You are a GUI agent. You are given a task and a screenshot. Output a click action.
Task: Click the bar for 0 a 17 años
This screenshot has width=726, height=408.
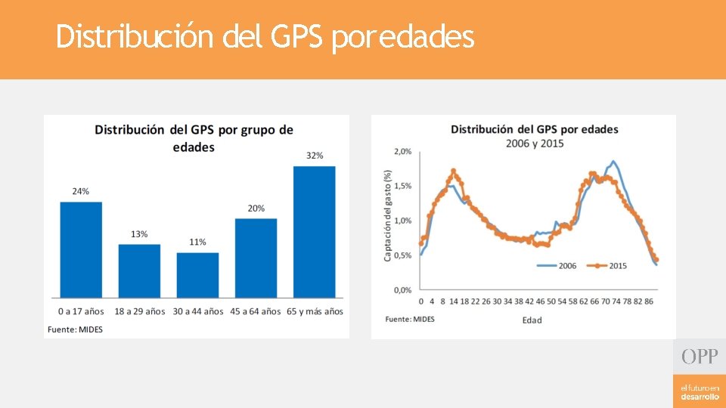pos(81,250)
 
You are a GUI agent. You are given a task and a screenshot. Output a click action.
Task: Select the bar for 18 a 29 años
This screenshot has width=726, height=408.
pos(139,271)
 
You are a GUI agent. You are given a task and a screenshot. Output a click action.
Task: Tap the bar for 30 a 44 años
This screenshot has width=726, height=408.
pos(197,275)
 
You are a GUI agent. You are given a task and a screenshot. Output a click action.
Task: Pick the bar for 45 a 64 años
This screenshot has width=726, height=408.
pos(256,258)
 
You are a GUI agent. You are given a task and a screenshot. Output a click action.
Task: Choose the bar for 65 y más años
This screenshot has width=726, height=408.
pos(315,232)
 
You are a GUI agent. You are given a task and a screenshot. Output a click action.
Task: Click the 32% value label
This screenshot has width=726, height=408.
pos(315,156)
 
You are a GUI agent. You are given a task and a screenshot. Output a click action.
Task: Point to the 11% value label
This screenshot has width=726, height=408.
pos(197,242)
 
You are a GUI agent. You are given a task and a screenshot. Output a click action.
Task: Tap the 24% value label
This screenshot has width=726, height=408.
pos(81,191)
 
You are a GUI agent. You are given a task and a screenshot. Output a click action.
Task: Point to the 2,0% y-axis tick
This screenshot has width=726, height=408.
pos(402,151)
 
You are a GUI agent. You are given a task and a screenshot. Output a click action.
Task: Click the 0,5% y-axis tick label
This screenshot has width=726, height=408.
pos(402,255)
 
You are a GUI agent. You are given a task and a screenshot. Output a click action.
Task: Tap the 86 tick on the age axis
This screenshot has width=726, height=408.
pos(649,301)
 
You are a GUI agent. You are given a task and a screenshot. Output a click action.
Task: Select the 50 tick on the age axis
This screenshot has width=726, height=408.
pos(551,301)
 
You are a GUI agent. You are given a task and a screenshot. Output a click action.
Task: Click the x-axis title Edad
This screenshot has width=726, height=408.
pos(532,320)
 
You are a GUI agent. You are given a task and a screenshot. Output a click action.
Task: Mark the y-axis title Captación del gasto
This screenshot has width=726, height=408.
pos(387,215)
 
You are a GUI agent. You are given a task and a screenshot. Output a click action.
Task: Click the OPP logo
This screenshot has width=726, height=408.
pos(700,357)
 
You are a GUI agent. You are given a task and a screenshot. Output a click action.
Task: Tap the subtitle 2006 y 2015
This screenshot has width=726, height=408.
pos(535,144)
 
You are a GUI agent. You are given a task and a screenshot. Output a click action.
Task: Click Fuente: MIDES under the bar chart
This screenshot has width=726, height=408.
pos(75,329)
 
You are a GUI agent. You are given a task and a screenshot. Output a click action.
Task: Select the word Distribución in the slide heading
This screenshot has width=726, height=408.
pos(135,36)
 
